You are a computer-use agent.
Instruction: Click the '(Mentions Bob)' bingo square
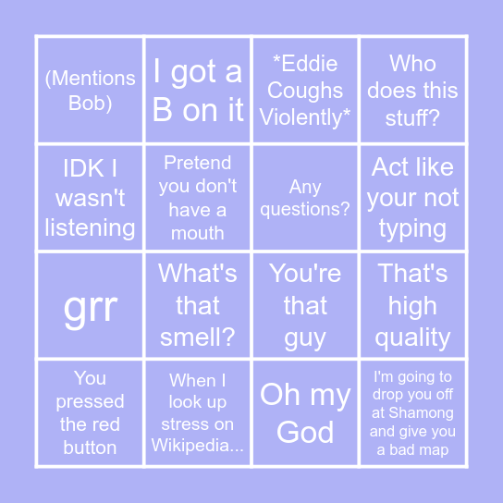[90, 91]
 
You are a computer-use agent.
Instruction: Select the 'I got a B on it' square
[198, 91]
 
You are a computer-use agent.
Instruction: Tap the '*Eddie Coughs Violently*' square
[305, 91]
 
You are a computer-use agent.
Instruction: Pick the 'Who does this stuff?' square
[412, 91]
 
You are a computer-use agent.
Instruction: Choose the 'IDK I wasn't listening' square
[90, 198]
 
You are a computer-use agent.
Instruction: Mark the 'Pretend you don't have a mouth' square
[198, 198]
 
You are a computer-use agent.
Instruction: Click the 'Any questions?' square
[305, 198]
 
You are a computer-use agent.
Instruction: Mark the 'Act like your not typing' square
[412, 198]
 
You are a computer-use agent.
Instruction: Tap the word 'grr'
[90, 307]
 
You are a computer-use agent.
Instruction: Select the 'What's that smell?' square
[198, 305]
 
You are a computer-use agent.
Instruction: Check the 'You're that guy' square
[305, 305]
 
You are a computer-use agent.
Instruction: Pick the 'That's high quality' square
[412, 305]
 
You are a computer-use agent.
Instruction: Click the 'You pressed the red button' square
[90, 412]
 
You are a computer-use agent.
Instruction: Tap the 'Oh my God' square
[305, 412]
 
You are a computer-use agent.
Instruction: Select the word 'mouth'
[198, 233]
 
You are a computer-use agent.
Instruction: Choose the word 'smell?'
[198, 337]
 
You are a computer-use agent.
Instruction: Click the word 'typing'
[412, 228]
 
